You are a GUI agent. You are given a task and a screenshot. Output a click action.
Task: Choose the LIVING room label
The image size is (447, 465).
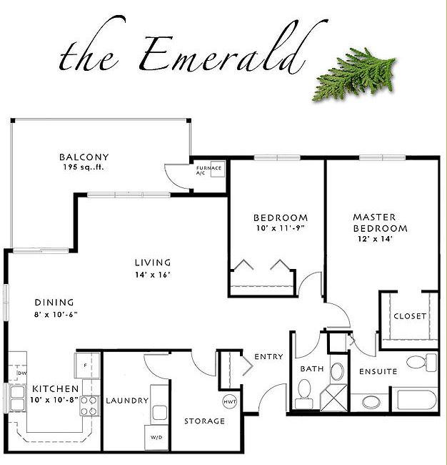[x=154, y=262]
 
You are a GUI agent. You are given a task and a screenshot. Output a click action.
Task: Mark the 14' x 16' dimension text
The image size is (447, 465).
[x=154, y=274]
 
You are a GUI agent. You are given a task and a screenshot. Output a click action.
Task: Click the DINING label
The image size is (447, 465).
[x=54, y=302]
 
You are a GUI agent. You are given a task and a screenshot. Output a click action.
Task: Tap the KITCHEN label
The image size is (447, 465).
[x=56, y=389]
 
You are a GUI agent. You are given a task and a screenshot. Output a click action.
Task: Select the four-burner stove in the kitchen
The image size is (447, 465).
[x=89, y=406]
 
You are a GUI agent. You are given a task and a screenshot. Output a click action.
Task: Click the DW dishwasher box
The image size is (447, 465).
[x=21, y=371]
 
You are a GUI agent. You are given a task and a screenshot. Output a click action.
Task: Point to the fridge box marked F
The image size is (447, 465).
[x=85, y=365]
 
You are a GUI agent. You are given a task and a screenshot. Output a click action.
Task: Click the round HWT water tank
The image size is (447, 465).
[x=230, y=401]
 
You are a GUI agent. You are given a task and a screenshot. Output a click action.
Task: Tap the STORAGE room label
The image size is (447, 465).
[x=204, y=421]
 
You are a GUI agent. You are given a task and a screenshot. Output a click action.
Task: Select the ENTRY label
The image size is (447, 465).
[x=268, y=356]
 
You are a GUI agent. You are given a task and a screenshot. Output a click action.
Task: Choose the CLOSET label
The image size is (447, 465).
[x=409, y=315]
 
